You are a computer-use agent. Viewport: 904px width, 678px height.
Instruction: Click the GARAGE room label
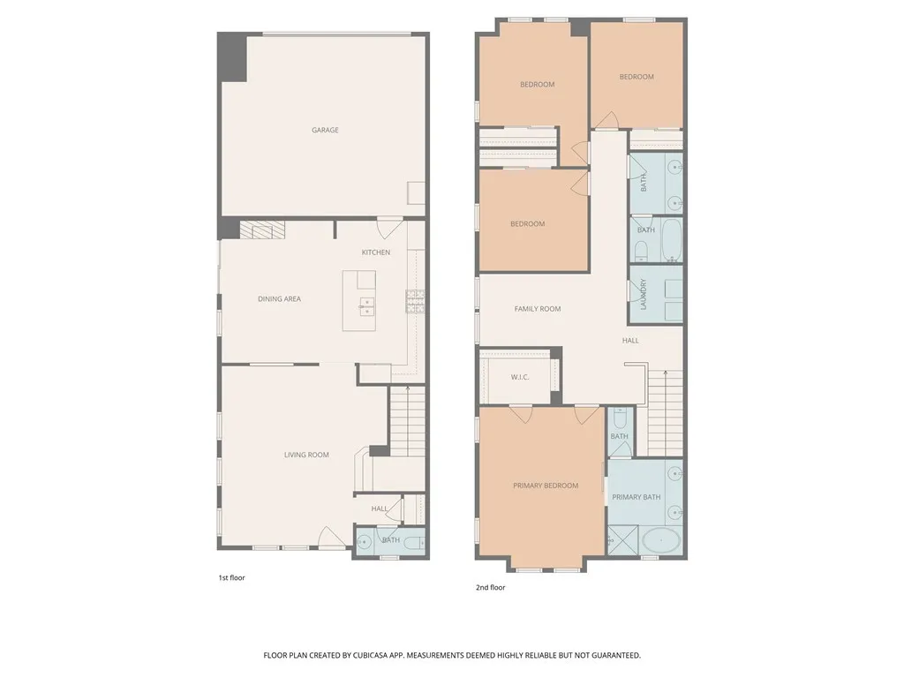pos(325,130)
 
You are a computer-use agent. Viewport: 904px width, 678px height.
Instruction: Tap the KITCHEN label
pos(375,252)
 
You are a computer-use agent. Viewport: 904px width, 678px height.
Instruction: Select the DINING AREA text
pos(279,299)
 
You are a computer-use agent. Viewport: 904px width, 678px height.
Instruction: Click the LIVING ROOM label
pos(306,455)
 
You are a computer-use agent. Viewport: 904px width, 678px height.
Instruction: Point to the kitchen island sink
pos(365,306)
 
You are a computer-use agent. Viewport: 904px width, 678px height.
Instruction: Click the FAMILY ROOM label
pos(538,309)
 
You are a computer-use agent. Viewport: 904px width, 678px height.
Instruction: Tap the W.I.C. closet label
pos(519,377)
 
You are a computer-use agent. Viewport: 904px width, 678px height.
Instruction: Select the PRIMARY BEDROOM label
pos(546,486)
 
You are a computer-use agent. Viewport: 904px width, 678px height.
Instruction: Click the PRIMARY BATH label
pos(636,497)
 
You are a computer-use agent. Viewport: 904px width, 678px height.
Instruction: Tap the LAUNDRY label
pos(644,295)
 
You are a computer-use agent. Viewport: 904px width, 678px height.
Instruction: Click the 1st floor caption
pos(231,577)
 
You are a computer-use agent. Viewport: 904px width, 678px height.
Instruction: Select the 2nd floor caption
pos(490,586)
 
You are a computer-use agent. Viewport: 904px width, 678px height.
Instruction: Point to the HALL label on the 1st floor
pos(380,508)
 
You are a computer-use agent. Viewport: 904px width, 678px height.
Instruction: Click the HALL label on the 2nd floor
pos(630,340)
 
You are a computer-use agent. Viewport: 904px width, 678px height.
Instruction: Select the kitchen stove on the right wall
pos(414,301)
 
